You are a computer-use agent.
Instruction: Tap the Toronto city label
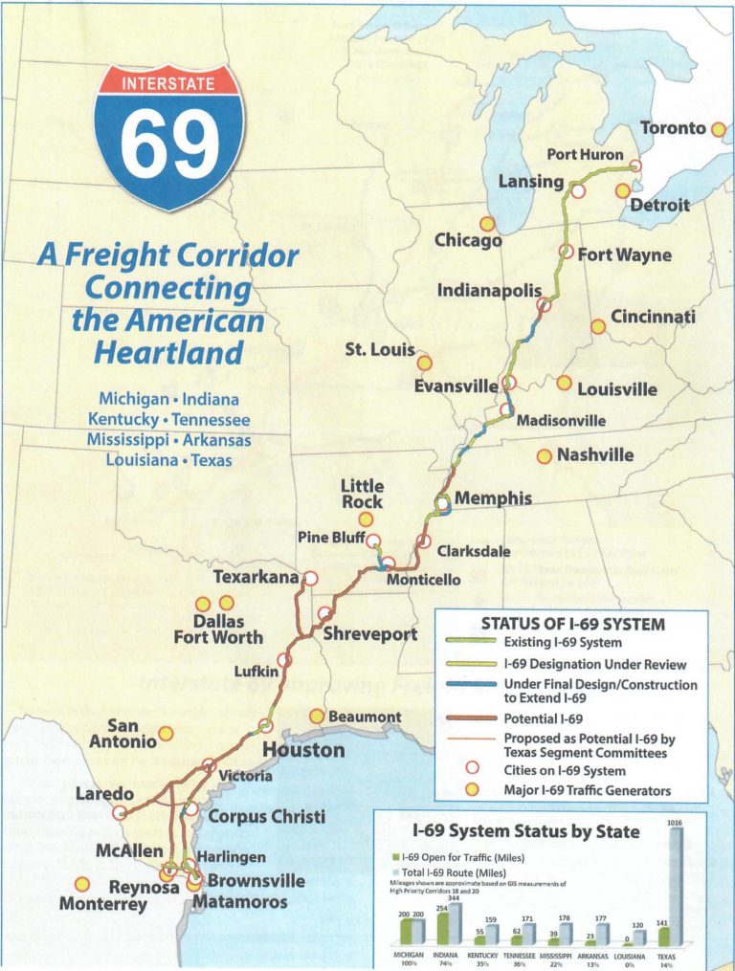coord(672,128)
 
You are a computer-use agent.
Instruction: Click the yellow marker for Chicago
coord(487,224)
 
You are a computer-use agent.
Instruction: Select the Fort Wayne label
coord(624,255)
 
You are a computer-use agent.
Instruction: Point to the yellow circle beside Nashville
coord(544,456)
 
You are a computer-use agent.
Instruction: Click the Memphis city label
coord(493,498)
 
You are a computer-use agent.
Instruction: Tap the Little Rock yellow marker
coord(366,519)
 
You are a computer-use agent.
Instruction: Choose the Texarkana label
coord(256,578)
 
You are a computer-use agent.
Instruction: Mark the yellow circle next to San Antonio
coord(166,734)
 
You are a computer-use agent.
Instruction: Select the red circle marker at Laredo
coord(120,812)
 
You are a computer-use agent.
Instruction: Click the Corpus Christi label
coord(267,816)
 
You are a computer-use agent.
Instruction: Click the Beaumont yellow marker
coord(317,717)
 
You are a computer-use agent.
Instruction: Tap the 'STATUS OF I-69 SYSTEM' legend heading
coord(572,623)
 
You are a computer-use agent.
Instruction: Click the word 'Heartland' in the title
coord(168,352)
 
